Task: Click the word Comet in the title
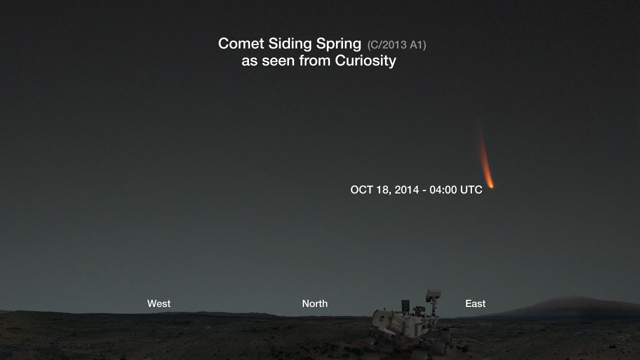241,44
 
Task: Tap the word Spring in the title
338,44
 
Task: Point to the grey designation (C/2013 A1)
396,45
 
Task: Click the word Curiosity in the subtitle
365,60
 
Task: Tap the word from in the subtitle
315,60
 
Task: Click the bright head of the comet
491,186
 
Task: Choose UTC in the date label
471,189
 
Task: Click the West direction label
159,303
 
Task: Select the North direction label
315,303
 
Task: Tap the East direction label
475,303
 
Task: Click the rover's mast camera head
433,295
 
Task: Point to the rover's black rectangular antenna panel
405,306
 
